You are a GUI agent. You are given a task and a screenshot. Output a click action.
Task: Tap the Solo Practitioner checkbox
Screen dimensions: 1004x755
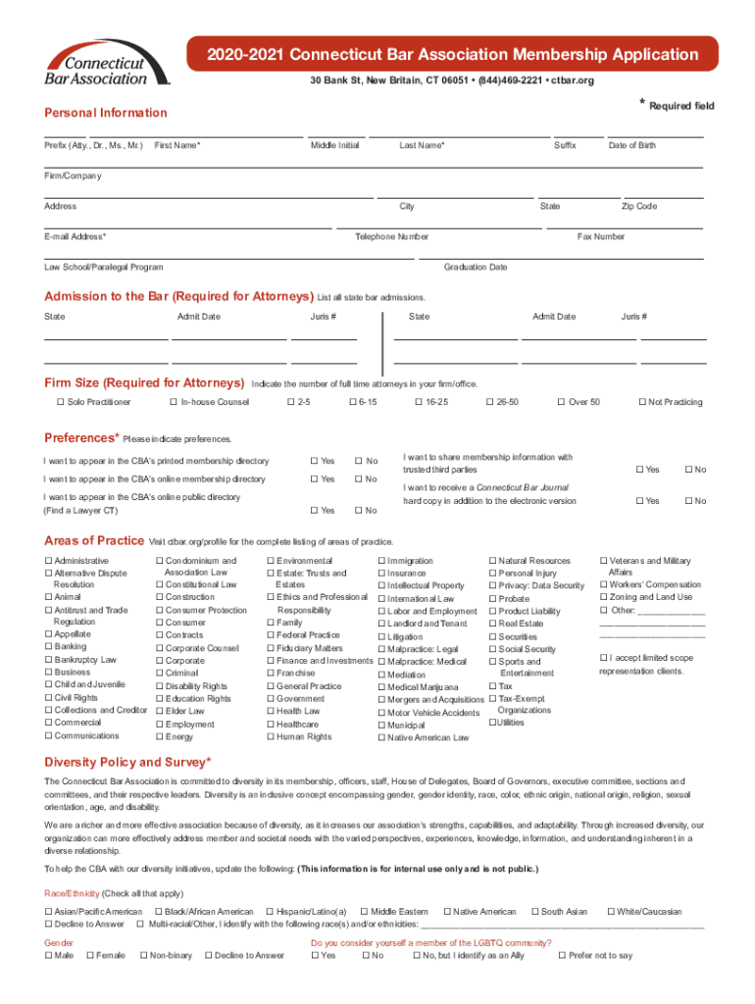pos(60,402)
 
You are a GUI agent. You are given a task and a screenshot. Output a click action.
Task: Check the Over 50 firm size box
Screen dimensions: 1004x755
pos(561,402)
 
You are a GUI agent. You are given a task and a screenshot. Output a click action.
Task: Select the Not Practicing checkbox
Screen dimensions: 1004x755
pos(642,402)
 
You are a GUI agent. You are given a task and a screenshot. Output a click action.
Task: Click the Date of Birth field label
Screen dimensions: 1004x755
pos(631,145)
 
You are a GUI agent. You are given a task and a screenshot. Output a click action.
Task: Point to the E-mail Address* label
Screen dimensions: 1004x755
pos(75,236)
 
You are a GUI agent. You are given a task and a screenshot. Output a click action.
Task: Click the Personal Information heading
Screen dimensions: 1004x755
pos(106,114)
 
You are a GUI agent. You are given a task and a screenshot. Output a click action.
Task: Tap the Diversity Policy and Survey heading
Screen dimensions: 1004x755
pos(127,762)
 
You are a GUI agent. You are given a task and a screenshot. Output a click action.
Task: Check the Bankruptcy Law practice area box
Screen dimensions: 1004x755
pos(48,660)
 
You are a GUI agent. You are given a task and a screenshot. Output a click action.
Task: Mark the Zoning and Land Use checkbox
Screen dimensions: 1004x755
pos(603,597)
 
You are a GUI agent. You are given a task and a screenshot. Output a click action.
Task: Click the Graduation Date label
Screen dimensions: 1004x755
pos(475,267)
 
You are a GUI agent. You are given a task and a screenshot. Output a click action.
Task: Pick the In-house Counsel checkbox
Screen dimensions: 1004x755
pos(173,402)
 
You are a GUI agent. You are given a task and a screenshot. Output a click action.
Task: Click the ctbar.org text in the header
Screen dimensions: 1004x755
pos(574,79)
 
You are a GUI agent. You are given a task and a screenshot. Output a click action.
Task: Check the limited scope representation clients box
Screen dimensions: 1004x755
pos(603,657)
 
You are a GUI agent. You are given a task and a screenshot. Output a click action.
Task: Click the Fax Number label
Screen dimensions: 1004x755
pos(600,236)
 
